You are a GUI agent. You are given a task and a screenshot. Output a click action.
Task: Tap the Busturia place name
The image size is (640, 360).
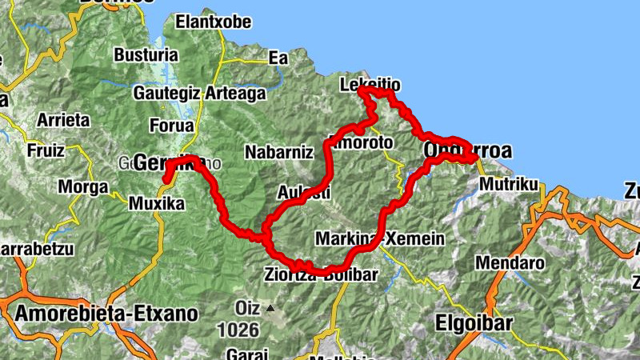point(146,55)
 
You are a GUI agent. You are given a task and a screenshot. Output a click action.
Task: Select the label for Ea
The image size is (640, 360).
point(278,58)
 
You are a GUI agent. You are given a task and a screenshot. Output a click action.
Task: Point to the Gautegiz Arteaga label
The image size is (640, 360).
point(199,94)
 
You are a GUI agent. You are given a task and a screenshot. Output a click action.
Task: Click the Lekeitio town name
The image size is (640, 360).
point(370,84)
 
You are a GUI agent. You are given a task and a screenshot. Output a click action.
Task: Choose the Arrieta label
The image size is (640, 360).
point(63,120)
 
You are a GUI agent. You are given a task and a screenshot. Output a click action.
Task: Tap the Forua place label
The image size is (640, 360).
point(171,126)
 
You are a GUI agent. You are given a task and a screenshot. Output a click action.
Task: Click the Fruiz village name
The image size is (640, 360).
point(45,150)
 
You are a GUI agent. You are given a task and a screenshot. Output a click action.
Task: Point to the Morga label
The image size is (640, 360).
point(82,187)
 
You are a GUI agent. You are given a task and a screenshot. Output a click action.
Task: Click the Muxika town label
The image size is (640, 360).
point(157,204)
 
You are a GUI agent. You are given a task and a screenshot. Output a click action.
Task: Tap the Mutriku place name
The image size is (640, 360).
point(509,185)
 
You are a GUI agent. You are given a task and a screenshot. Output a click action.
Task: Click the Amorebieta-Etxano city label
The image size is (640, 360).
point(105,313)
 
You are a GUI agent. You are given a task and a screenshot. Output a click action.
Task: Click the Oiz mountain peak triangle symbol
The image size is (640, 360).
point(270,307)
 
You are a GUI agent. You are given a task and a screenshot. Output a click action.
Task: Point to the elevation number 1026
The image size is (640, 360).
point(238,329)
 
